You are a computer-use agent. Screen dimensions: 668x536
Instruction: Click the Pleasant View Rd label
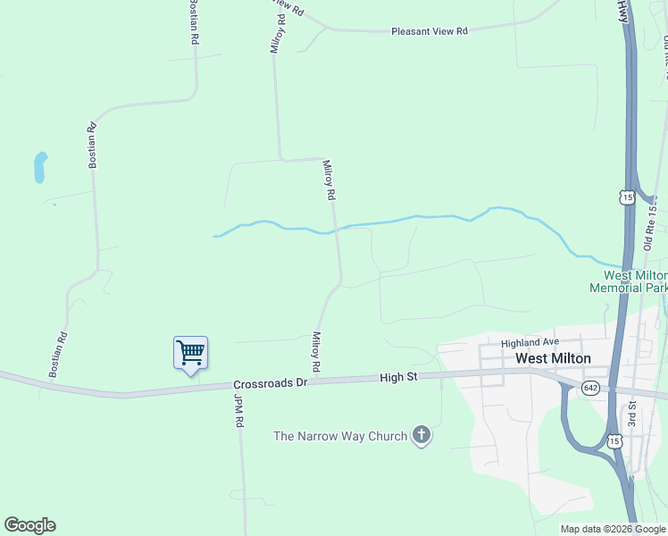click(x=429, y=31)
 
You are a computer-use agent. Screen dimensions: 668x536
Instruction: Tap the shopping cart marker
click(x=190, y=353)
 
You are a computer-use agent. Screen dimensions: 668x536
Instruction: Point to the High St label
click(x=398, y=378)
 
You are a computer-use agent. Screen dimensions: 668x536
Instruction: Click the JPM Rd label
click(x=239, y=410)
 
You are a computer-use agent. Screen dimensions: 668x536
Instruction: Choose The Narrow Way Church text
click(x=340, y=436)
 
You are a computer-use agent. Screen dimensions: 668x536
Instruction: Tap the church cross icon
click(x=422, y=436)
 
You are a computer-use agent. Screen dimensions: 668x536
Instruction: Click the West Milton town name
click(x=553, y=358)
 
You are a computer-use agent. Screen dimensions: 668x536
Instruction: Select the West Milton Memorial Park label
click(x=628, y=281)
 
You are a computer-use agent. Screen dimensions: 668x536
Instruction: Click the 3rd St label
click(x=630, y=416)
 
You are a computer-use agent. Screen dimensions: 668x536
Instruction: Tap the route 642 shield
click(x=590, y=387)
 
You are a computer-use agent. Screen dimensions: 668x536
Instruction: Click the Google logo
click(x=29, y=525)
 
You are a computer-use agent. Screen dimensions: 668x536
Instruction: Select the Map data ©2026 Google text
click(x=612, y=529)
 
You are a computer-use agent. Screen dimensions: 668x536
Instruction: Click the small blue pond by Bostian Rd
click(x=40, y=167)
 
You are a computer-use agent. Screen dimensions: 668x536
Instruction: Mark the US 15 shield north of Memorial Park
click(x=629, y=196)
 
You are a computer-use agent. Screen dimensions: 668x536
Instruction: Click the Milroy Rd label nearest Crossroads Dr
click(x=316, y=352)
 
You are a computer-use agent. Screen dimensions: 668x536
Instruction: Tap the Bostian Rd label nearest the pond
click(x=91, y=145)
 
